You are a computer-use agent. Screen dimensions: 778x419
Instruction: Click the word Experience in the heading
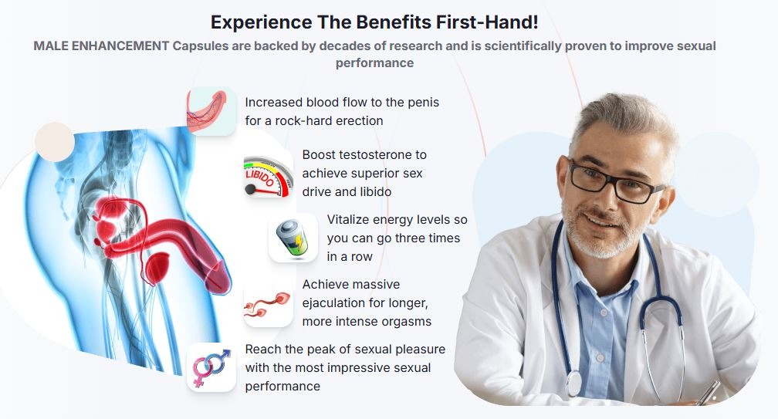[262, 23]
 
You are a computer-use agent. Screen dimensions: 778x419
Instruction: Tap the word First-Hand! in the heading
[487, 22]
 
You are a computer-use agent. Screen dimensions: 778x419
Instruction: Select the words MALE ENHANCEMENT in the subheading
[101, 46]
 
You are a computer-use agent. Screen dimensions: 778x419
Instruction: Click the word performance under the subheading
[374, 63]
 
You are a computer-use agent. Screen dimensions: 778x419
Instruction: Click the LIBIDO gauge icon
[268, 177]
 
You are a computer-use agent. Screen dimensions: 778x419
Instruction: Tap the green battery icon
[293, 238]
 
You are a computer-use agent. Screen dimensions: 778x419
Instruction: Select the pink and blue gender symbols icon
[211, 367]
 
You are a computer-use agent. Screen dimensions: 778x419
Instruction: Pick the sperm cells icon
[268, 303]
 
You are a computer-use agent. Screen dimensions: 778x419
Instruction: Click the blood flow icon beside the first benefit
[211, 111]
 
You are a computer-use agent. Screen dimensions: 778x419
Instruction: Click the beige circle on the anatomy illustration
[55, 142]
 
